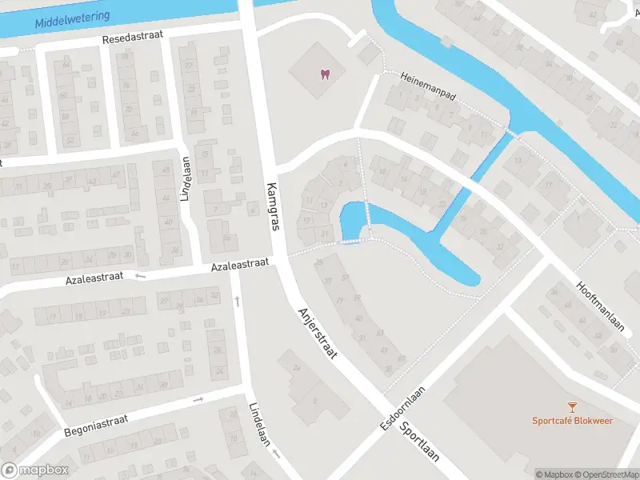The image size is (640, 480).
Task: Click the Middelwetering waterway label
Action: click(x=73, y=17)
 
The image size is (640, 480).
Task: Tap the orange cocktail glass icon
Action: click(x=572, y=408)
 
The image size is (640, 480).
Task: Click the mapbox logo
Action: click(x=34, y=470)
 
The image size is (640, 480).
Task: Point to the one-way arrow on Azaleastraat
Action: click(x=141, y=276)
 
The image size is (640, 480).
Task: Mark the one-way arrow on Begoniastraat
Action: click(x=198, y=399)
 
